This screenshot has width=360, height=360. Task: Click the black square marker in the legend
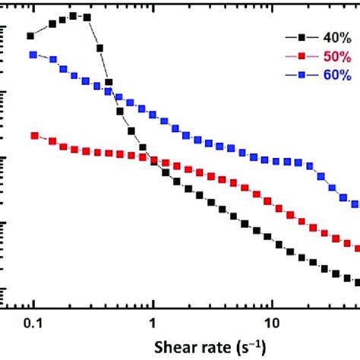301,36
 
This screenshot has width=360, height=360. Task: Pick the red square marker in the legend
301,56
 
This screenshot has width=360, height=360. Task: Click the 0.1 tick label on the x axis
32,322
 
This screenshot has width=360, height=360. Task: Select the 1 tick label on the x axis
153,322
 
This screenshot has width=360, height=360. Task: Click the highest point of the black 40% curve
73,15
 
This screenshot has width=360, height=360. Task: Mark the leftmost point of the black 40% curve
31,36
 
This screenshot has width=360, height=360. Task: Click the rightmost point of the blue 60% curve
356,204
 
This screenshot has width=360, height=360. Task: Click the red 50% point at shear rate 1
154,160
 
